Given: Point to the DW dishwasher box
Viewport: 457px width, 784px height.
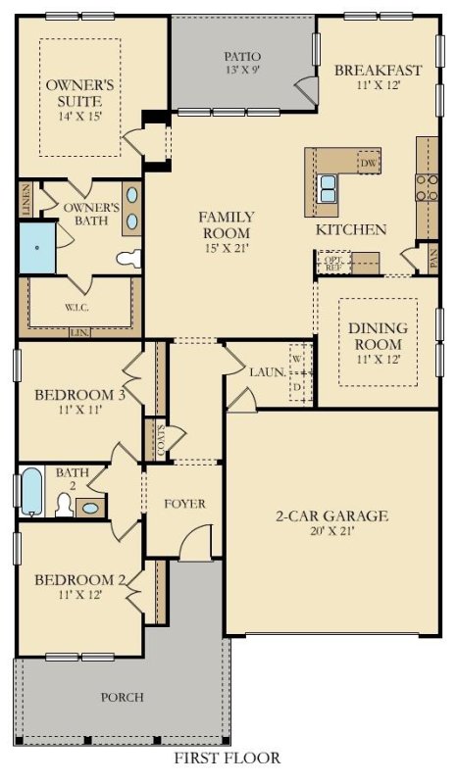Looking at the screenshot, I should coord(369,162).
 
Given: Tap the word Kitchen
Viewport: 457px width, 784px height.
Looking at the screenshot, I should coord(350,230).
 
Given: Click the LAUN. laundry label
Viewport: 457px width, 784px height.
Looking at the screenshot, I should coord(267,372).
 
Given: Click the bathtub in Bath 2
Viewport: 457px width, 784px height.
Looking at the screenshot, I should coord(32,492).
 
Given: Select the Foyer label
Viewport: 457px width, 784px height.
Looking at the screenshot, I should coord(184,504).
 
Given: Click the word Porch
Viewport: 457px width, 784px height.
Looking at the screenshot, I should coord(123,698).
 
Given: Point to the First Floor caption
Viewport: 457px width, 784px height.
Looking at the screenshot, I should coord(228,759).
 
